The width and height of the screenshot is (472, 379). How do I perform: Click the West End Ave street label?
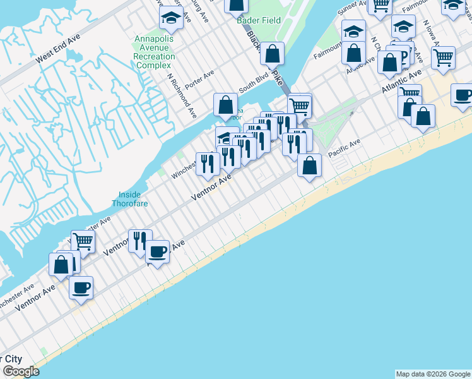click(58, 48)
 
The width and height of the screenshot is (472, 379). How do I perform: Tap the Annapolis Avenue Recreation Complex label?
click(155, 52)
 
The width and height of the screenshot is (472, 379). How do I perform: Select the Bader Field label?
click(258, 20)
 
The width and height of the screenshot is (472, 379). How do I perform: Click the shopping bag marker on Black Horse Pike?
click(272, 54)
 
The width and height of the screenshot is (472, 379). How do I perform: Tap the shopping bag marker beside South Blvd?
click(225, 105)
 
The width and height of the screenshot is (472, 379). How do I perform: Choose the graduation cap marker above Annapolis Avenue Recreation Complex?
click(170, 18)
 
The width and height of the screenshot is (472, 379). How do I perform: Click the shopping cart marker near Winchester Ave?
click(83, 240)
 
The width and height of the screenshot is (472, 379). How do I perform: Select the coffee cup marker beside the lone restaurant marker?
click(157, 251)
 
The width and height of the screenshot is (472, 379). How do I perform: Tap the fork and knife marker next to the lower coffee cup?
click(140, 241)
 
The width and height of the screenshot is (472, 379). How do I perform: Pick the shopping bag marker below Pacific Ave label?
click(309, 165)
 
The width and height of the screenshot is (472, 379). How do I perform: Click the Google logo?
click(20, 372)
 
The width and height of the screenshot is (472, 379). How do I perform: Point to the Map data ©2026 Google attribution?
click(433, 374)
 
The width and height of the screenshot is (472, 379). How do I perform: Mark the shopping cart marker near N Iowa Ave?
click(444, 57)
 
